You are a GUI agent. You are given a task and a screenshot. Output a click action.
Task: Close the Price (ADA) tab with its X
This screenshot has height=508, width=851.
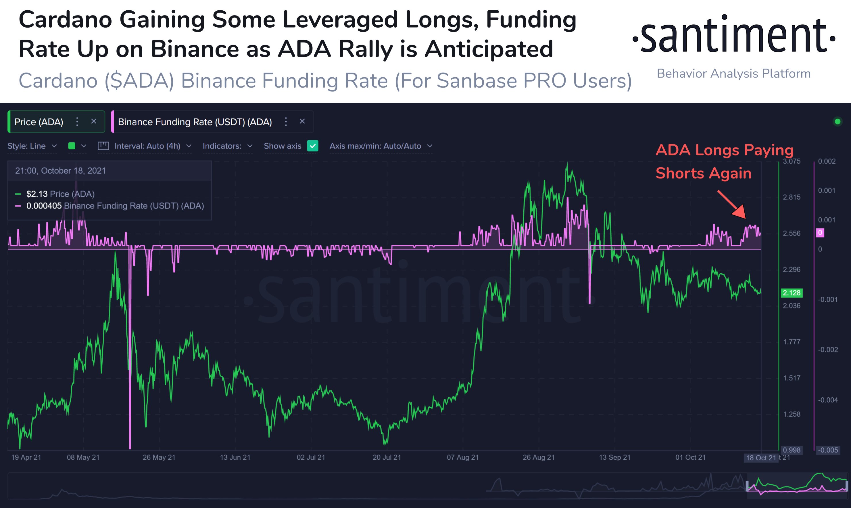[x=94, y=121]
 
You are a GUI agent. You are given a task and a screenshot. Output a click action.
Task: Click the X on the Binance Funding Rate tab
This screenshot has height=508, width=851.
[x=302, y=121]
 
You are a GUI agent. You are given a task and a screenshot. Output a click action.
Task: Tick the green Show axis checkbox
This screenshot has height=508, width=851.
[x=313, y=146]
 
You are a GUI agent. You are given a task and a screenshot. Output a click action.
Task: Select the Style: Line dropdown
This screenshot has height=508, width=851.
[x=32, y=146]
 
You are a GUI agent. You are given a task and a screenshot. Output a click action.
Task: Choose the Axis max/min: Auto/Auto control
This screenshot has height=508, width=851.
[x=381, y=146]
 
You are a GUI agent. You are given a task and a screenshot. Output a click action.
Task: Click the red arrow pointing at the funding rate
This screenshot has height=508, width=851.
[x=732, y=204]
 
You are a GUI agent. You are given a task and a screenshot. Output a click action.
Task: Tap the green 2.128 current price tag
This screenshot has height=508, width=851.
[x=792, y=293]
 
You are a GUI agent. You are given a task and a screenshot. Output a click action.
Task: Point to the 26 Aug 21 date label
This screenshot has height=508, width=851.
[x=538, y=457]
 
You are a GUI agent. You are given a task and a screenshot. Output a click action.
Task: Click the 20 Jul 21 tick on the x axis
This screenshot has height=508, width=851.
[x=387, y=457]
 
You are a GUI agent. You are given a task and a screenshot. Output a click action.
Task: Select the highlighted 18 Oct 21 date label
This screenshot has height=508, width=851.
[x=761, y=458]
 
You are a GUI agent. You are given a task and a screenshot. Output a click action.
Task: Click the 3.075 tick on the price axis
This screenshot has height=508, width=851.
[x=792, y=161]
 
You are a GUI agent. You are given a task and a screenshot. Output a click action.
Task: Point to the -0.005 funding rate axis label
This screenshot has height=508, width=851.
[x=827, y=450]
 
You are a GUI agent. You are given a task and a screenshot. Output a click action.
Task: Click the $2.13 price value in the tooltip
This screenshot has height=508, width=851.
[x=37, y=194]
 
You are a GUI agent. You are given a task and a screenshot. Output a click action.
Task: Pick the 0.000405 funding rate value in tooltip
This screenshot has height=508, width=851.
[x=44, y=206]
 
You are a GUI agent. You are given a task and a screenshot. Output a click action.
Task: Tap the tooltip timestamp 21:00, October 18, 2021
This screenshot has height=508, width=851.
[x=60, y=171]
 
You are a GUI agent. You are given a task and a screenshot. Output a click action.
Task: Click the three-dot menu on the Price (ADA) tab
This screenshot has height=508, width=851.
[x=77, y=122]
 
